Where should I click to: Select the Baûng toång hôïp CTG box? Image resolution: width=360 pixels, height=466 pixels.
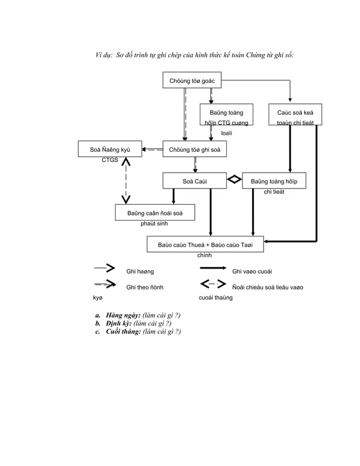[226, 113]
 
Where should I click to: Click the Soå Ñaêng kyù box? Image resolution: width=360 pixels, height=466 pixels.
[110, 150]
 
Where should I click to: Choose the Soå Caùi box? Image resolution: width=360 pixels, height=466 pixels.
[195, 181]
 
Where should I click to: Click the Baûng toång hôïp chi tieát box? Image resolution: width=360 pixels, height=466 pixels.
[274, 181]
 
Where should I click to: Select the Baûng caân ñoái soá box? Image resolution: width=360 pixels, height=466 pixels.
[156, 213]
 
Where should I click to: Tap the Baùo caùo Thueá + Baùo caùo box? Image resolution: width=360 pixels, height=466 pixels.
[205, 244]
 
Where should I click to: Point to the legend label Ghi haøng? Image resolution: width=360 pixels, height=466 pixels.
[140, 272]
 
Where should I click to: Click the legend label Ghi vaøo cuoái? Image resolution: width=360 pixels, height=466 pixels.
[252, 272]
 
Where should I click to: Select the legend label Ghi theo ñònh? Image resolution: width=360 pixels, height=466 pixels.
[145, 287]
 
